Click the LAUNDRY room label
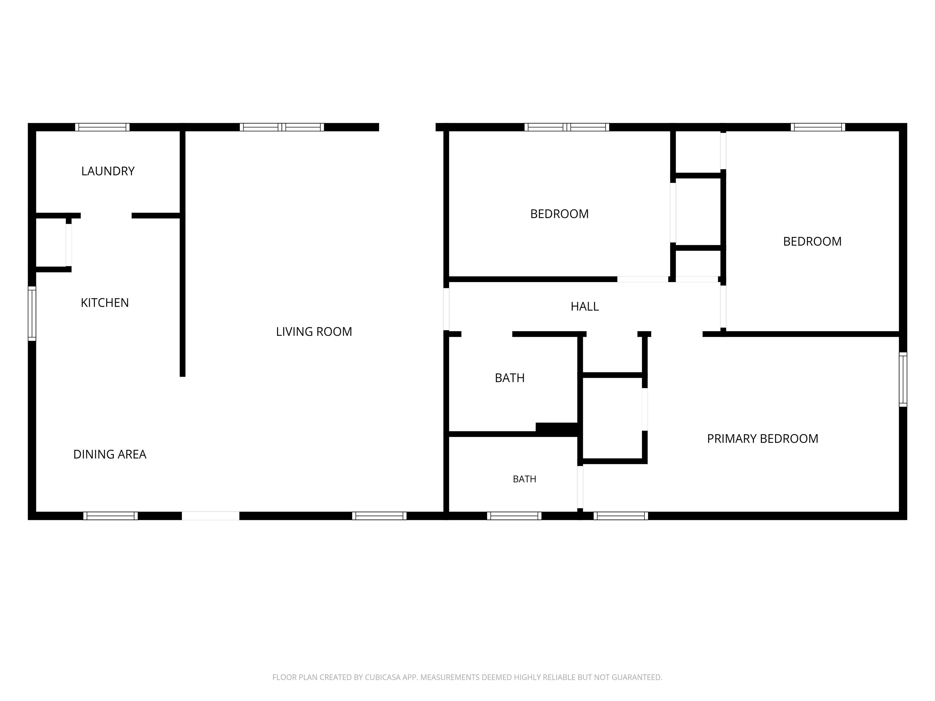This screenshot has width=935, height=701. tap(108, 171)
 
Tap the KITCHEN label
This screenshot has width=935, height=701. tap(105, 302)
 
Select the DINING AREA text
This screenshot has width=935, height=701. tap(110, 454)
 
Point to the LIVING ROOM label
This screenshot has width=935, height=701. tap(314, 332)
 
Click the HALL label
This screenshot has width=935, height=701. tap(585, 306)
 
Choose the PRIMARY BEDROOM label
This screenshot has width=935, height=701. tap(762, 439)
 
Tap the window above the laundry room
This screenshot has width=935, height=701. tap(102, 127)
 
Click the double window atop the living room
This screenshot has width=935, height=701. tap(282, 127)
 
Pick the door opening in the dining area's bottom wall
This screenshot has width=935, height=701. tap(211, 516)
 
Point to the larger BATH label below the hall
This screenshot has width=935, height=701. tap(510, 378)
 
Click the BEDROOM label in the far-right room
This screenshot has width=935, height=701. tap(812, 241)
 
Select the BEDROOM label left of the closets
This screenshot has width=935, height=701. tap(559, 214)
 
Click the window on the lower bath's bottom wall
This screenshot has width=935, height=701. tap(514, 516)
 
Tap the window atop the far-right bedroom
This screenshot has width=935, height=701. tap(818, 127)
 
